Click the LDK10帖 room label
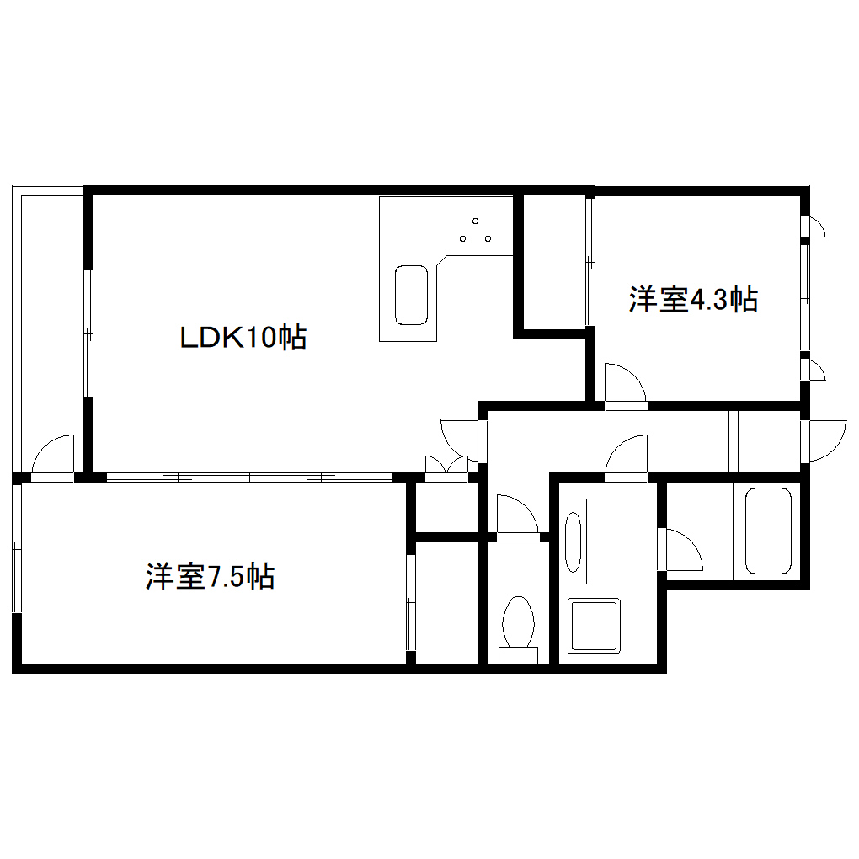[243, 338]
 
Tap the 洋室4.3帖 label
[692, 299]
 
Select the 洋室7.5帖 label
[210, 577]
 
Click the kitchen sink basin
[413, 295]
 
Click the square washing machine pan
[594, 625]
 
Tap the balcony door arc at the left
[52, 456]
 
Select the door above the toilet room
[516, 515]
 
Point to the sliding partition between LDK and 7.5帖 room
[249, 478]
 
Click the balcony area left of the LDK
[49, 320]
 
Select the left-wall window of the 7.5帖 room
[17, 547]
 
